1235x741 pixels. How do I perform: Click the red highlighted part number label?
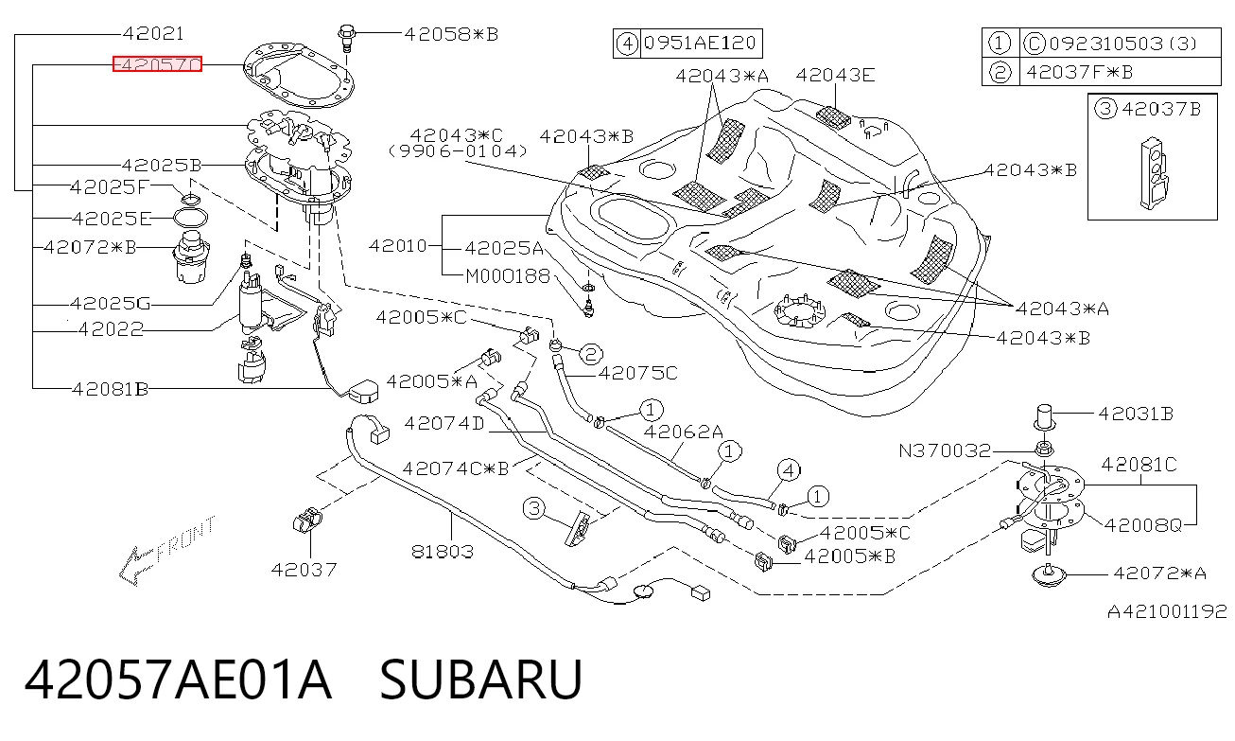point(157,64)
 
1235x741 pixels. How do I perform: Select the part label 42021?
point(153,34)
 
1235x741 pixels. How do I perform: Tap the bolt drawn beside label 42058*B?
point(346,38)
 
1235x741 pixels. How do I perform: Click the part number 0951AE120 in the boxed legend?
point(700,43)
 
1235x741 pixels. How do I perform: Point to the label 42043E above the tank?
point(835,75)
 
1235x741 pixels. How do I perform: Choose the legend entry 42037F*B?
point(1080,72)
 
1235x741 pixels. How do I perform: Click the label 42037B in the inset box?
point(1161,109)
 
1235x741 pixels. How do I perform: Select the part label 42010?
point(397,245)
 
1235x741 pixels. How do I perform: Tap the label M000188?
point(508,276)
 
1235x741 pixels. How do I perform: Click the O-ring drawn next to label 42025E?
point(191,218)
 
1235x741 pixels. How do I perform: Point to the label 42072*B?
point(90,247)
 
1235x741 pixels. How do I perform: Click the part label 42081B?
point(111,390)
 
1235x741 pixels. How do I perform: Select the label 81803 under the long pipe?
point(443,551)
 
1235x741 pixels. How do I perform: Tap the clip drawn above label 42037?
point(307,521)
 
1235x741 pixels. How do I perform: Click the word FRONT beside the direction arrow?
point(185,538)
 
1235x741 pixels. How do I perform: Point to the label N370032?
point(945,451)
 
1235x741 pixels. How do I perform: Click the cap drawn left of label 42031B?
point(1044,417)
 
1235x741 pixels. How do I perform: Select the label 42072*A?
point(1159,573)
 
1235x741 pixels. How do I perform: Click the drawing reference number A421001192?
point(1167,611)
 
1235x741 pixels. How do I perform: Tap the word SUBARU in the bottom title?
point(480,679)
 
